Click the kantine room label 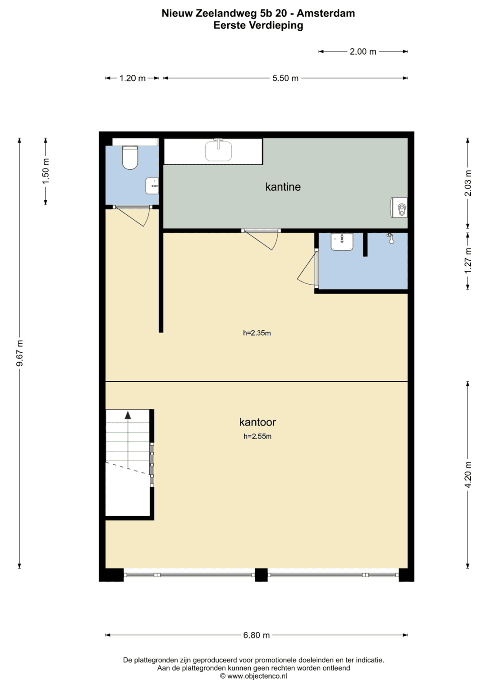(283, 187)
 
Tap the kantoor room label (257, 422)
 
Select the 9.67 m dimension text (20, 353)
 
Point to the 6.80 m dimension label (257, 635)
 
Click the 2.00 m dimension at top (363, 51)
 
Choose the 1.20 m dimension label (132, 78)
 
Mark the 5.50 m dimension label (285, 78)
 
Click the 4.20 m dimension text (468, 475)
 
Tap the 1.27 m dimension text (468, 260)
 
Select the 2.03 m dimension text (468, 183)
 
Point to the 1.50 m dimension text (46, 171)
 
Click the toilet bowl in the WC (130, 157)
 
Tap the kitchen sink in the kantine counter (218, 150)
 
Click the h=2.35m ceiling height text (257, 333)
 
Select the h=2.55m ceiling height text (257, 436)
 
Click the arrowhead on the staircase (128, 415)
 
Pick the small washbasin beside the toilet (152, 186)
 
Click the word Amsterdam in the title (326, 13)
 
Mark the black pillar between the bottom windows (261, 574)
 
